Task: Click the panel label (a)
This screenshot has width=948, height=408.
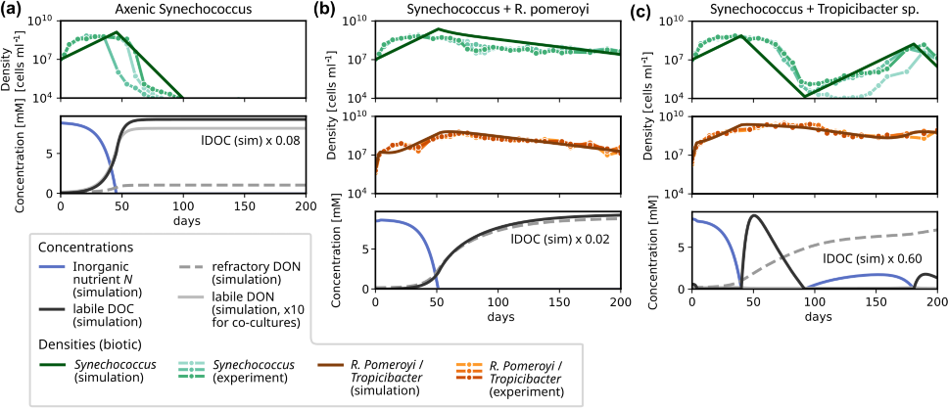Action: (16, 11)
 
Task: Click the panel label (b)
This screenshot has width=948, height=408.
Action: (329, 11)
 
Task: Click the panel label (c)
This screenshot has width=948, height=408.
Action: (647, 11)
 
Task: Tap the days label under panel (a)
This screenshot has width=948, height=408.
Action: (183, 222)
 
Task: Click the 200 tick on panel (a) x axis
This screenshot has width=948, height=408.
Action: (306, 205)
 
